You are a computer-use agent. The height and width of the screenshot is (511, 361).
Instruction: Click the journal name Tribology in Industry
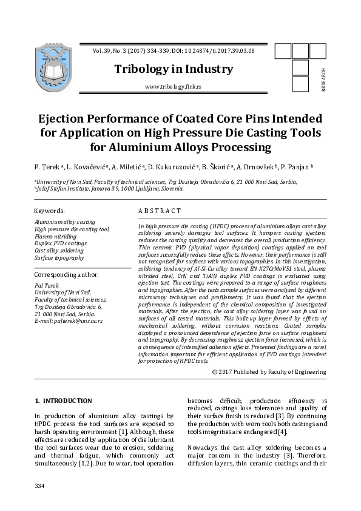174,69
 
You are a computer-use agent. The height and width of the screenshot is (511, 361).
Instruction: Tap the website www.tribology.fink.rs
173,87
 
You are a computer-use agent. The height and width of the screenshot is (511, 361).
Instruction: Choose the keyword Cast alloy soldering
59,251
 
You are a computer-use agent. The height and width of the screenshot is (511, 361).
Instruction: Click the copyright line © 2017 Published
269,371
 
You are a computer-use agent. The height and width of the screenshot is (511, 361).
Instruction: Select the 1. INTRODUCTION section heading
64,401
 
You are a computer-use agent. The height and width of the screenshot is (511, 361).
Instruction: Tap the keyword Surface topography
59,258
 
